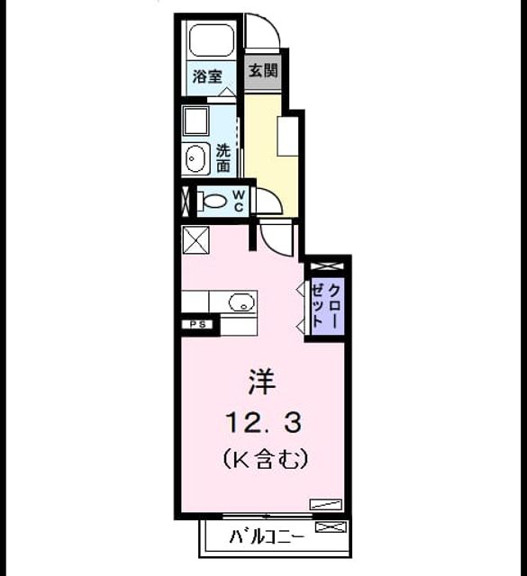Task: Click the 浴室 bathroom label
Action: coord(207,76)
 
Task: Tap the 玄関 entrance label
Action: coord(263,70)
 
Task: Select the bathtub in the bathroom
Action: coord(211,40)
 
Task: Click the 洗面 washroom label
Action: coord(223,158)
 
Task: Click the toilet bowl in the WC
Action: coord(212,201)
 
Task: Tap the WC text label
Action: coord(238,201)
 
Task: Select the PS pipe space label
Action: coord(197,325)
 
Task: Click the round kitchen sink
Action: coord(241,302)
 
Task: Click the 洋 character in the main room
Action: coord(262,382)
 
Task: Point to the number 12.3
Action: coord(264,422)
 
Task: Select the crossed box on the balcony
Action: coord(331,527)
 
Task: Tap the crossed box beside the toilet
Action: coord(186,201)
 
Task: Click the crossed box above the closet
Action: coord(327,266)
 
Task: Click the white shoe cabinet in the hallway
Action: coord(288,136)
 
